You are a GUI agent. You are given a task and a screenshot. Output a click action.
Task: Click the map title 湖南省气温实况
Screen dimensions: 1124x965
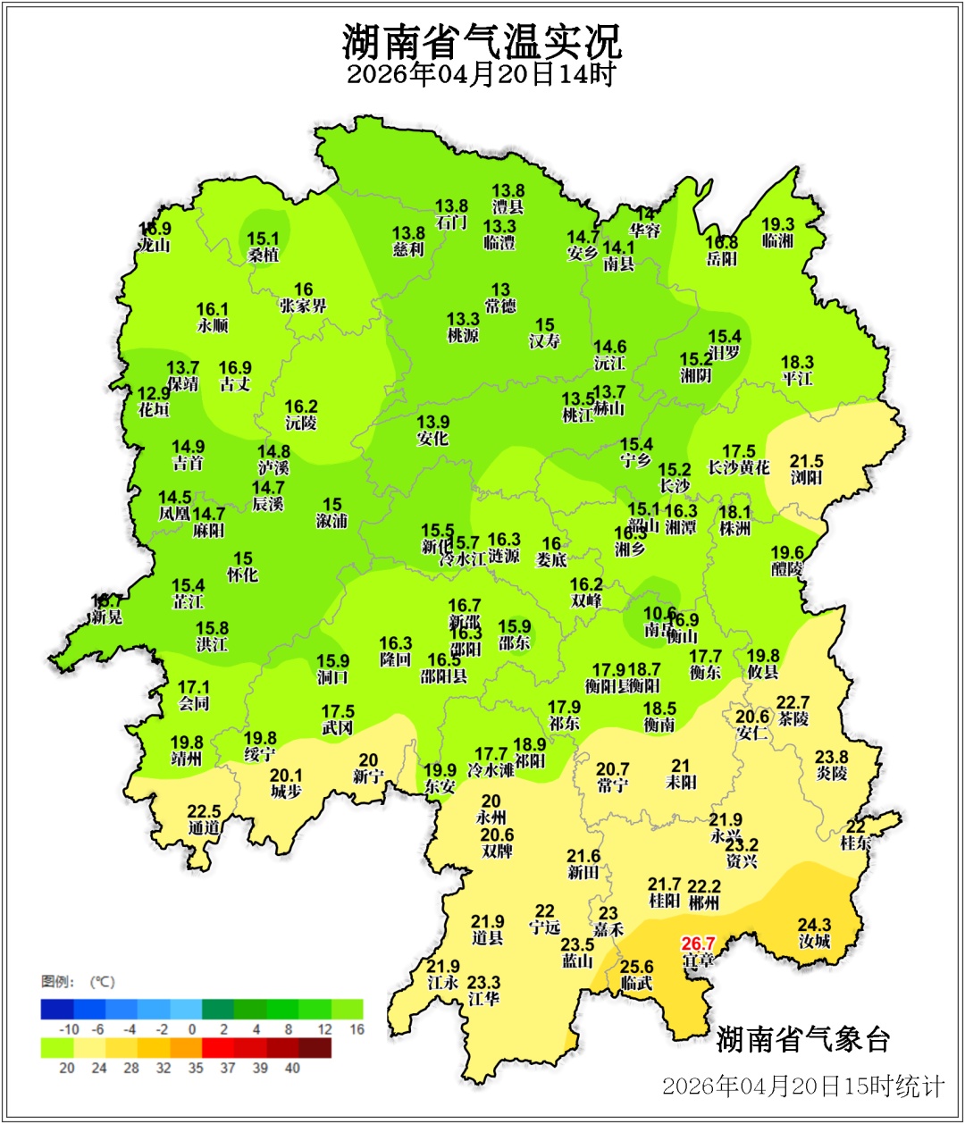[482, 39]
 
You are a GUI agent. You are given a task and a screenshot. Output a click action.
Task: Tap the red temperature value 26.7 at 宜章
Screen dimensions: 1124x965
[698, 944]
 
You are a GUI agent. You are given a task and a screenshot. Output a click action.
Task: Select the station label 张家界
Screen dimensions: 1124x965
[303, 306]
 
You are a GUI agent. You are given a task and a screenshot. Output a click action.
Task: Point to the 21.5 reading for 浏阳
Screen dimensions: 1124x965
[806, 461]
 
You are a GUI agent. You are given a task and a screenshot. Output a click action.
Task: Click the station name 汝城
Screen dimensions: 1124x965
[814, 942]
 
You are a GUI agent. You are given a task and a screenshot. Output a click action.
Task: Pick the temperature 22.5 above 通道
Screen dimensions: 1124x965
[204, 811]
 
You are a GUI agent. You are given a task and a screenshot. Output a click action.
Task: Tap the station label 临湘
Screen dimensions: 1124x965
[777, 241]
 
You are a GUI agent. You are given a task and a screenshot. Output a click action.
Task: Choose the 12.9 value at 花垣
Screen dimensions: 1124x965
[154, 393]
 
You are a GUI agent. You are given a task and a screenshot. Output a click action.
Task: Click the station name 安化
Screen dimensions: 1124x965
[432, 439]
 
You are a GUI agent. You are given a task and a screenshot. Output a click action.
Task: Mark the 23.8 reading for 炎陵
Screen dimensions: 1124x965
[831, 757]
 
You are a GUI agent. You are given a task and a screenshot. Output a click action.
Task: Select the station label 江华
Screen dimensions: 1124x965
[484, 999]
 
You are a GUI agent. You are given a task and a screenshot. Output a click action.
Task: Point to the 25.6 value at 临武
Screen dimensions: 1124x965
[636, 967]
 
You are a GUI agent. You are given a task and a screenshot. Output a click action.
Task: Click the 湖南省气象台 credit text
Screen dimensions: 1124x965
[803, 1039]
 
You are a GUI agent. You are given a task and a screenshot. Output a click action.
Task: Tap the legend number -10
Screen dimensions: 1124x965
[70, 1029]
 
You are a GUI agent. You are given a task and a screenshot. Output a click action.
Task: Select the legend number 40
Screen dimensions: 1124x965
[292, 1068]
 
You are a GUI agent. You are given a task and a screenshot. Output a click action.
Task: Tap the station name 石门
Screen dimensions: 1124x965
[451, 222]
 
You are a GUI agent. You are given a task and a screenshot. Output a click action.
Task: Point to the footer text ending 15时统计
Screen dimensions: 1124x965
[802, 1086]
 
